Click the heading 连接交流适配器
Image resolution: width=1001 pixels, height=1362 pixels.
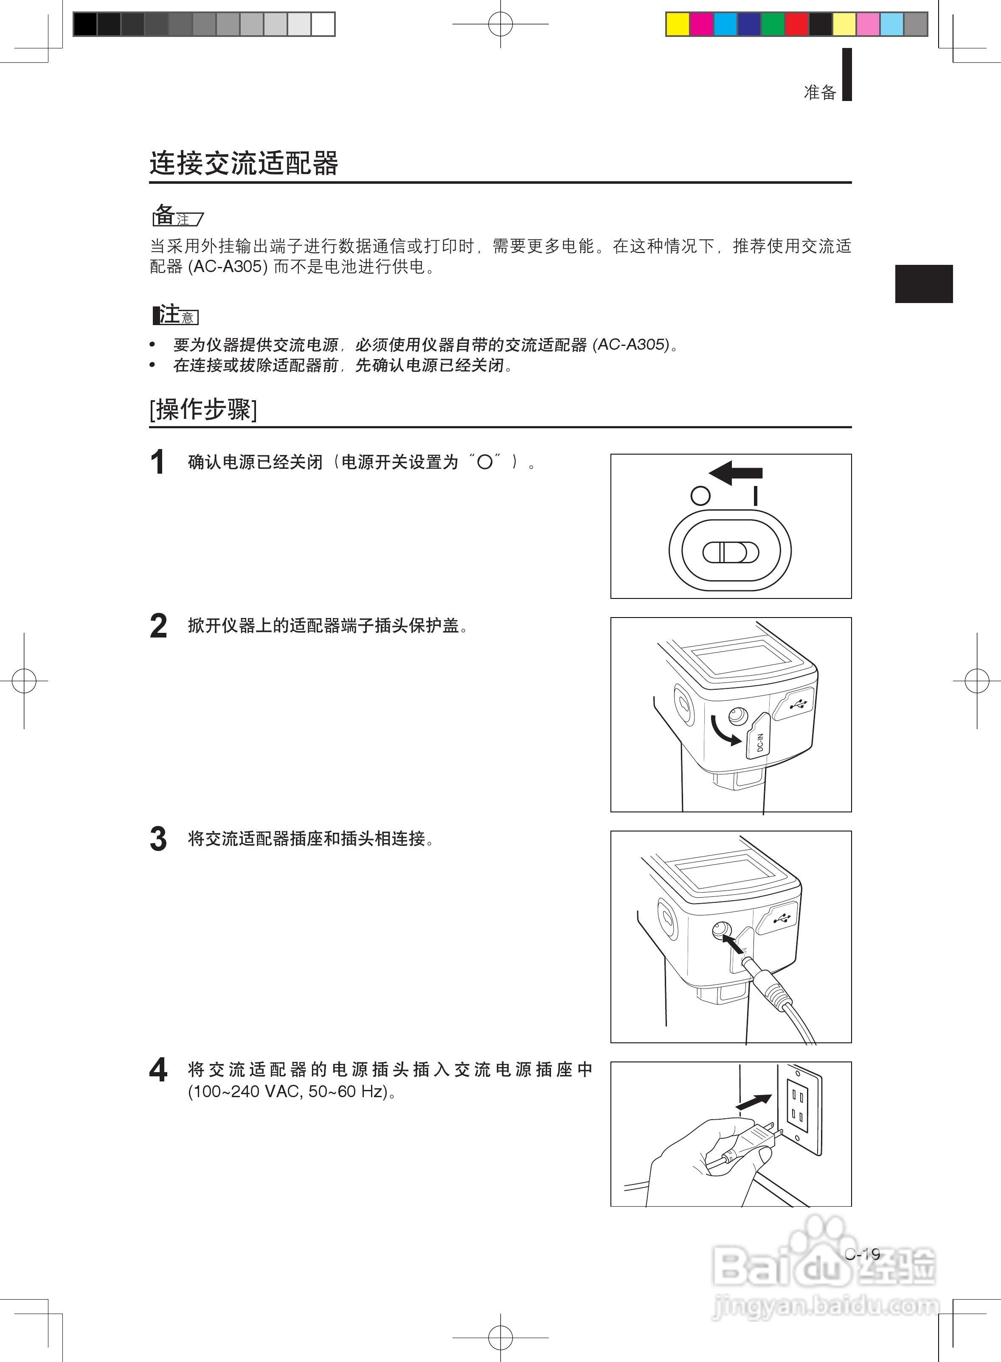point(244,163)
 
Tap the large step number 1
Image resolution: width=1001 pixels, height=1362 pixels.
point(157,463)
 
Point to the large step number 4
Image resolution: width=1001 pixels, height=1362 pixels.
point(158,1070)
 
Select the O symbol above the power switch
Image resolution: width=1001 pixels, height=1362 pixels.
point(700,496)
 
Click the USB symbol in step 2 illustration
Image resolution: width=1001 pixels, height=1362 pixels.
point(798,705)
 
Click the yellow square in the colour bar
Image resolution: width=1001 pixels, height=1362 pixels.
point(678,24)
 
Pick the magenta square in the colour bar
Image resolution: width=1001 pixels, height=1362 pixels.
point(702,24)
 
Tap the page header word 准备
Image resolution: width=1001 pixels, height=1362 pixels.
point(820,92)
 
